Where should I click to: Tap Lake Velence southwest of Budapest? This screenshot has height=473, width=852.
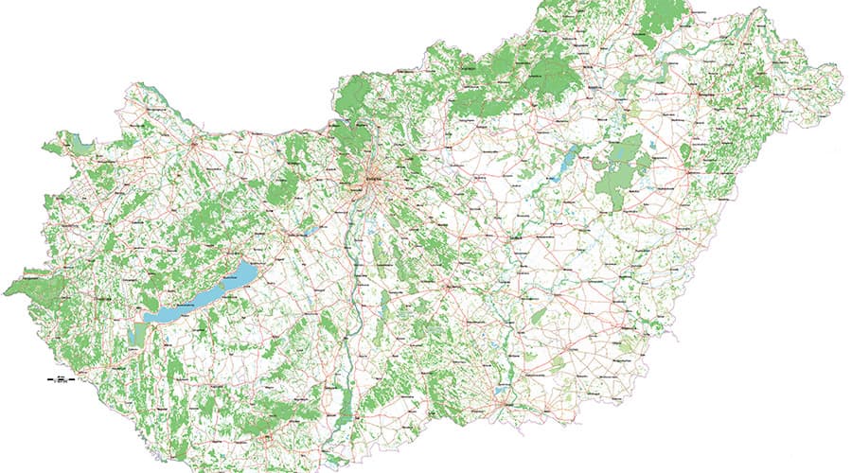pos(309,230)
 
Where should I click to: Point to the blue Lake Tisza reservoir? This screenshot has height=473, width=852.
pos(571,162)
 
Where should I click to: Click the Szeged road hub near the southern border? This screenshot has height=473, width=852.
pos(499,398)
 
